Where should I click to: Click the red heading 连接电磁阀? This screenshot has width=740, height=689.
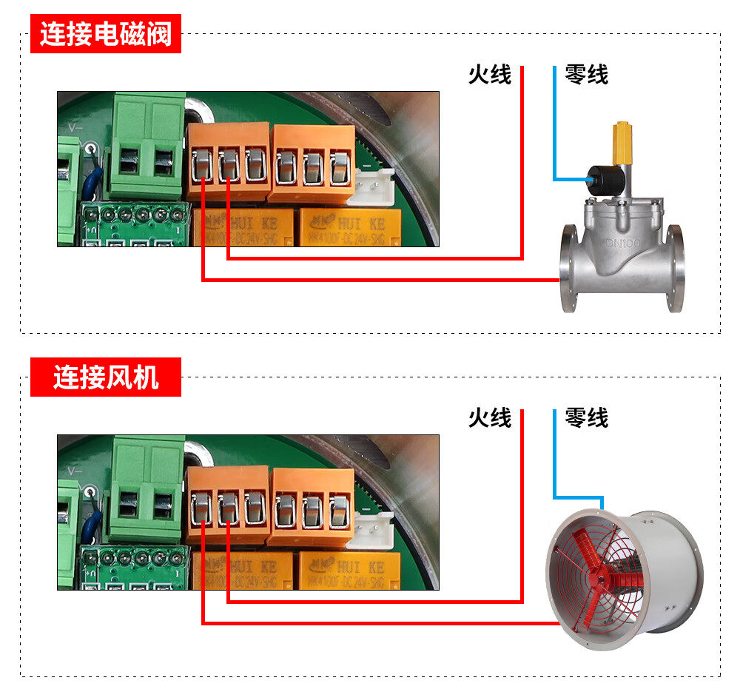point(106,35)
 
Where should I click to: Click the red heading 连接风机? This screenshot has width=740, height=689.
point(106,377)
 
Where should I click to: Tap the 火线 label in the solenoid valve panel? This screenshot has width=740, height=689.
point(489,74)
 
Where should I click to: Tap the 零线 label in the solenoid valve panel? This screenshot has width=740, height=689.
point(586,74)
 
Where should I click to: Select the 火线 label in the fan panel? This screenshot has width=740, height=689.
point(489,417)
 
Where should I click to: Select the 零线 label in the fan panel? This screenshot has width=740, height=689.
point(586,417)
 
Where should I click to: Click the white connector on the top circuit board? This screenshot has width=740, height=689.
point(374,185)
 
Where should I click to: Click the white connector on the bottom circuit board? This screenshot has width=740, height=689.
point(374,528)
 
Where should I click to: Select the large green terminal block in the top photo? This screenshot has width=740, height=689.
point(146,144)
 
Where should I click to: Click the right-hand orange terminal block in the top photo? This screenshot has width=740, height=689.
point(313,163)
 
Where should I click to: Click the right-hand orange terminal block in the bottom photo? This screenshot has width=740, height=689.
point(313,506)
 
